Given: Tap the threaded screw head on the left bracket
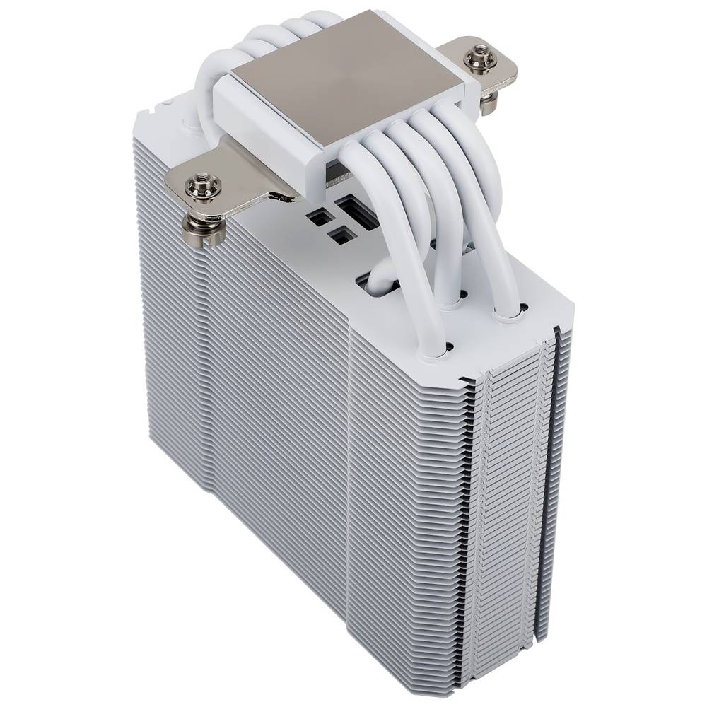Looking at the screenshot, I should pos(203,187).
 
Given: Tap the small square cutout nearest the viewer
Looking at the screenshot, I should pos(341,235).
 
